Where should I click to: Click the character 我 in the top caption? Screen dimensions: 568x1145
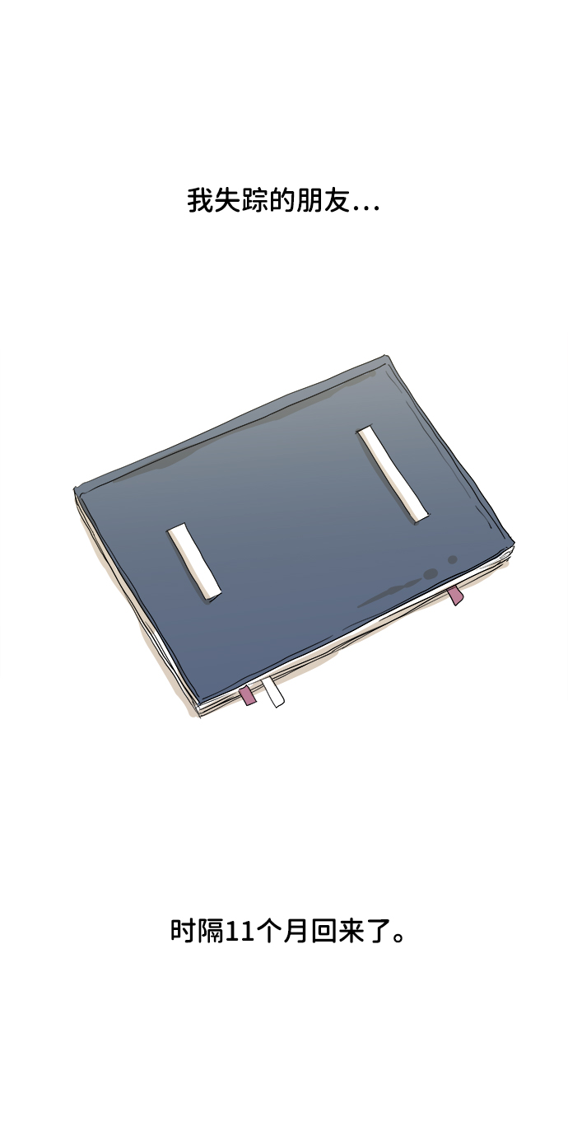(198, 201)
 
